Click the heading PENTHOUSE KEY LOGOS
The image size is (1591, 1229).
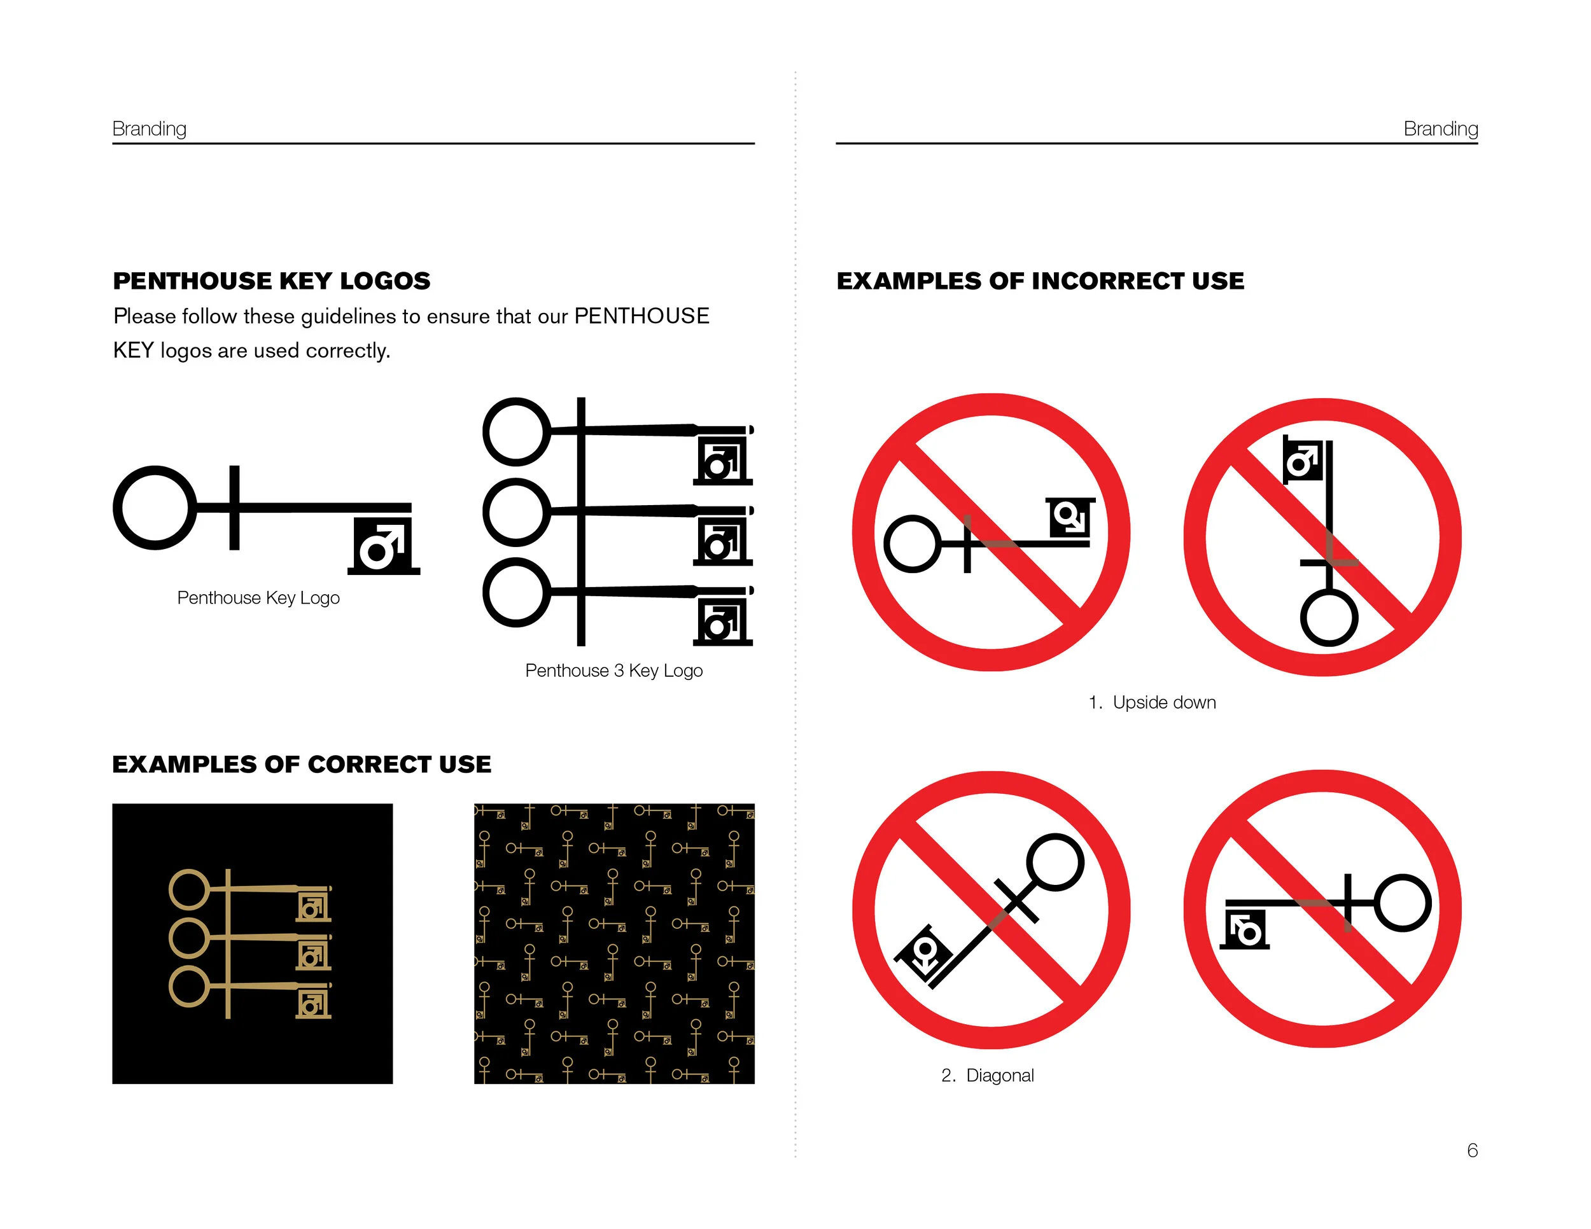271,281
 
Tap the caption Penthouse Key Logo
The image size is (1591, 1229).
258,598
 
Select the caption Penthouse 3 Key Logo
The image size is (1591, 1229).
613,670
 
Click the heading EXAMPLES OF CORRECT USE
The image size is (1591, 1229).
302,765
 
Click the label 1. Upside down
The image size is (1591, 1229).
1152,702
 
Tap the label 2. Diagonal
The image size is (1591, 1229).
987,1075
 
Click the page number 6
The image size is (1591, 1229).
1471,1150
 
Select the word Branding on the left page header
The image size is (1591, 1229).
150,129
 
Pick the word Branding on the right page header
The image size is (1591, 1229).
1440,129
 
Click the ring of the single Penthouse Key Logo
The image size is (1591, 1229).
155,508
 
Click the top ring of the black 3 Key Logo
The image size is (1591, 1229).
515,432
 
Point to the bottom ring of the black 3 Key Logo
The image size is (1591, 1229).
515,592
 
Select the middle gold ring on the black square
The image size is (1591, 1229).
188,938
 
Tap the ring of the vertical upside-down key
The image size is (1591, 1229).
1329,618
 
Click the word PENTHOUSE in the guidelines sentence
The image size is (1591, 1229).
641,316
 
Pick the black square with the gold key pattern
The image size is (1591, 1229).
613,943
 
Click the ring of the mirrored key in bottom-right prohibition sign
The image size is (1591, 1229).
1403,903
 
